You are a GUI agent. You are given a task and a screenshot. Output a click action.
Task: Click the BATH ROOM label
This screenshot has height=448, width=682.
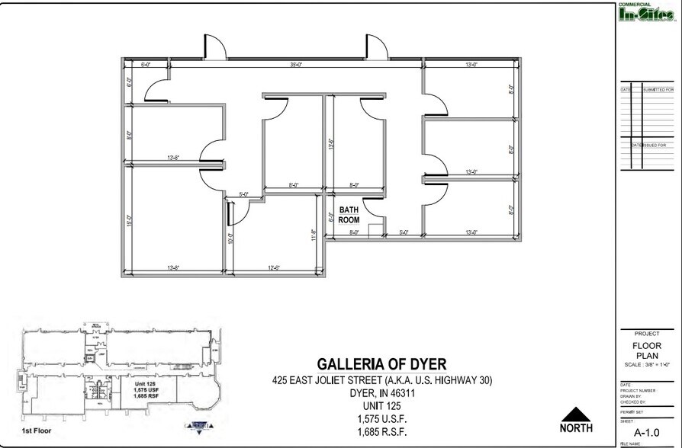click(349, 214)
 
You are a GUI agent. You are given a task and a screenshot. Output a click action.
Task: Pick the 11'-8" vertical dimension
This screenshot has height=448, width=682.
click(314, 234)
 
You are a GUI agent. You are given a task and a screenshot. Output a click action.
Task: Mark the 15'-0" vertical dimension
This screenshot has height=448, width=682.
click(129, 219)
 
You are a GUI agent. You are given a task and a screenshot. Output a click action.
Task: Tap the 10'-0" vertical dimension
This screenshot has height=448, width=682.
click(230, 238)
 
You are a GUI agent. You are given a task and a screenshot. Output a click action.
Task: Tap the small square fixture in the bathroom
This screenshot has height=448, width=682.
click(375, 231)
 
